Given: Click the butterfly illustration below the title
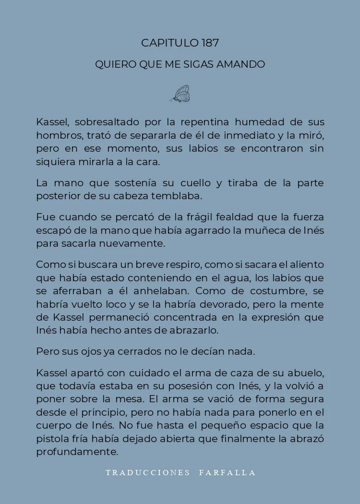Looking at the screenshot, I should pos(180,94).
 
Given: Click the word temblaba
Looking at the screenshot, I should pos(177,196).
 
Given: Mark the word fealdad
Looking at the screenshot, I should pos(233,217).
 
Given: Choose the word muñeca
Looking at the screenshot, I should pos(265,230).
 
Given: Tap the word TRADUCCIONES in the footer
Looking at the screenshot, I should pos(148,473).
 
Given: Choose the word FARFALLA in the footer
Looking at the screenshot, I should pos(228,473).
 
